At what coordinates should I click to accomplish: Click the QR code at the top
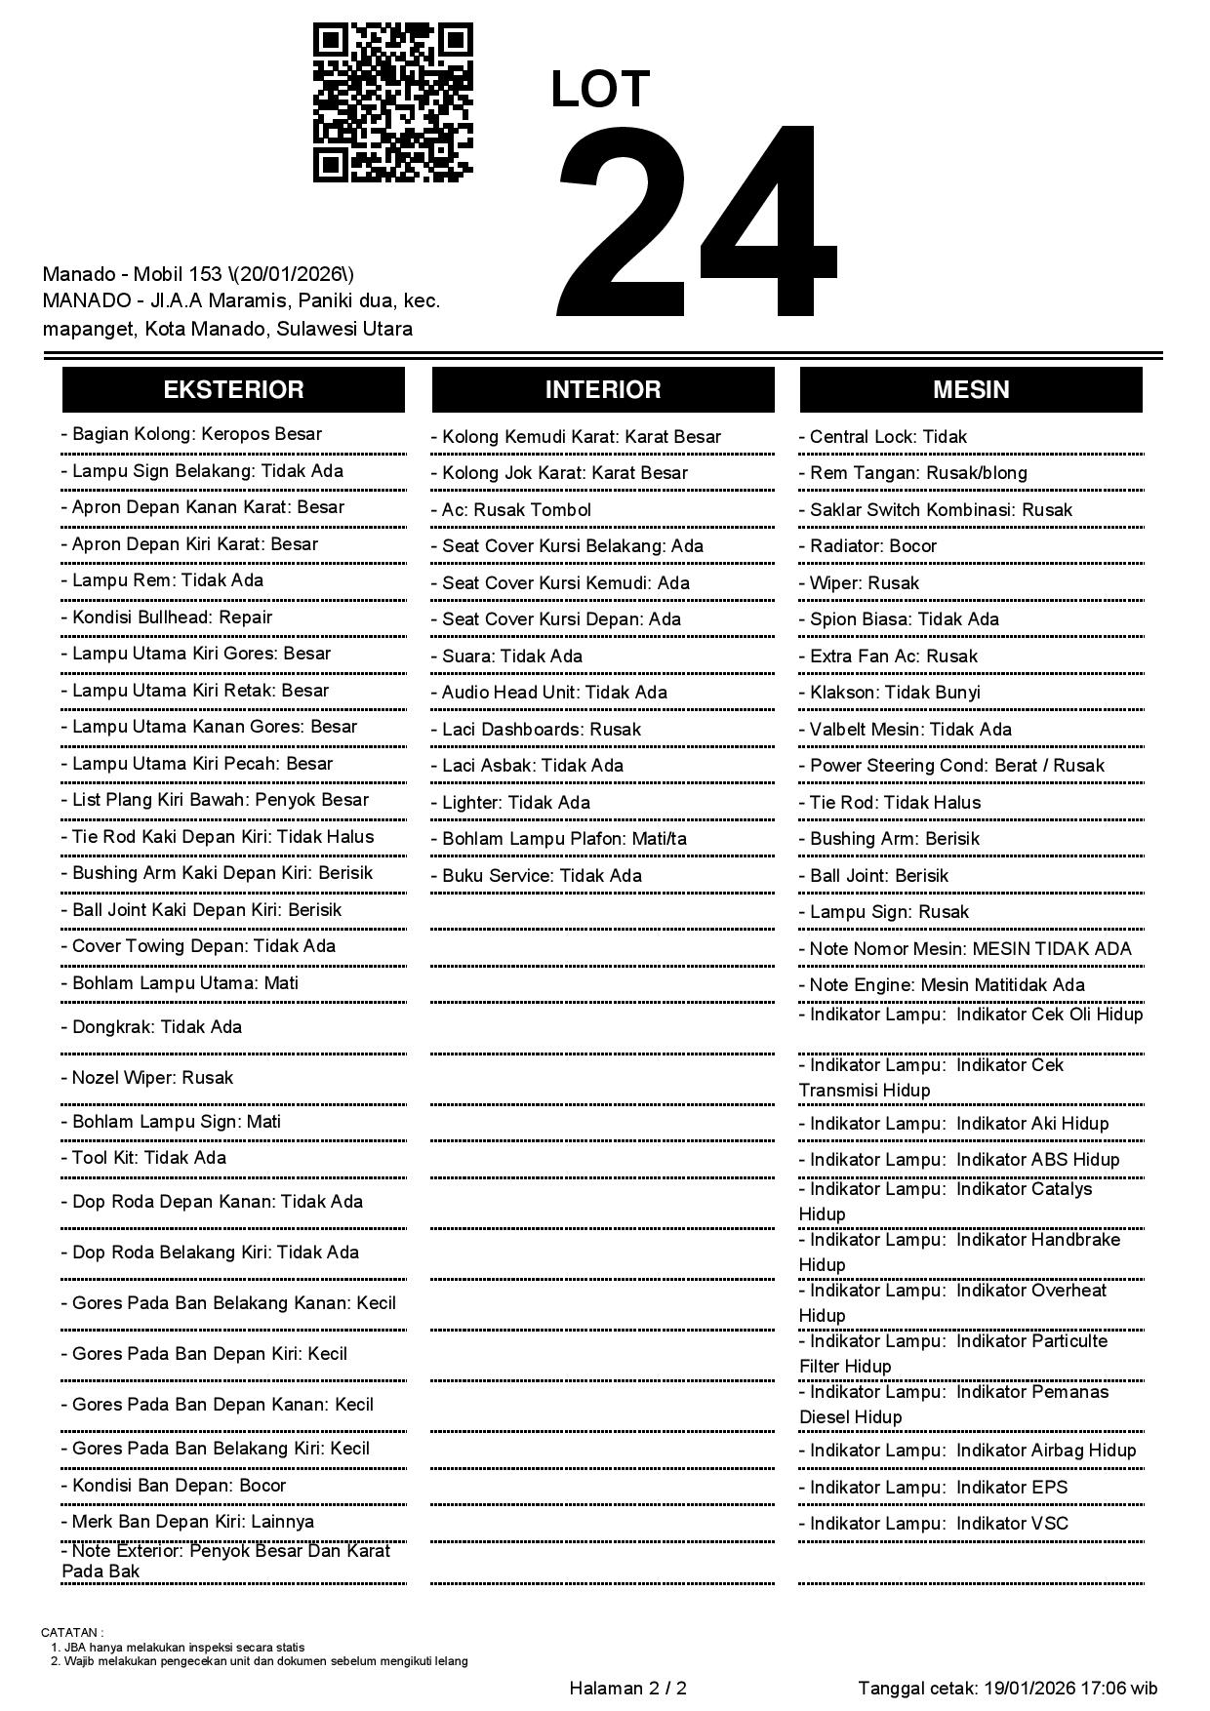click(x=392, y=102)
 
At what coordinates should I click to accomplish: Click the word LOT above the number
click(x=600, y=89)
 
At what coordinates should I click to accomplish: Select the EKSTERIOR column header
click(x=233, y=389)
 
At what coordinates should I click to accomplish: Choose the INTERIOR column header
click(x=603, y=389)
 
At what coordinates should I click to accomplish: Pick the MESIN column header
click(x=971, y=389)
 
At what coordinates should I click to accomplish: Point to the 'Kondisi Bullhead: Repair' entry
click(x=172, y=617)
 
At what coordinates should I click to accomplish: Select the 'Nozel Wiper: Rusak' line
click(x=152, y=1078)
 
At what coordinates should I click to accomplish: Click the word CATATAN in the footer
click(x=70, y=1632)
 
